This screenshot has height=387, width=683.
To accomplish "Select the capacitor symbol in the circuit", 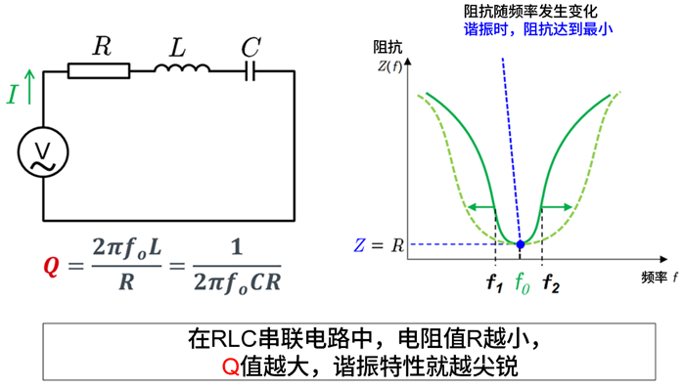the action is (x=250, y=70).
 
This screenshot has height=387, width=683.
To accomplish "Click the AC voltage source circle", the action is (x=43, y=154).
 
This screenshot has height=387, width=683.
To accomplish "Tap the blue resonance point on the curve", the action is (x=521, y=243).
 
